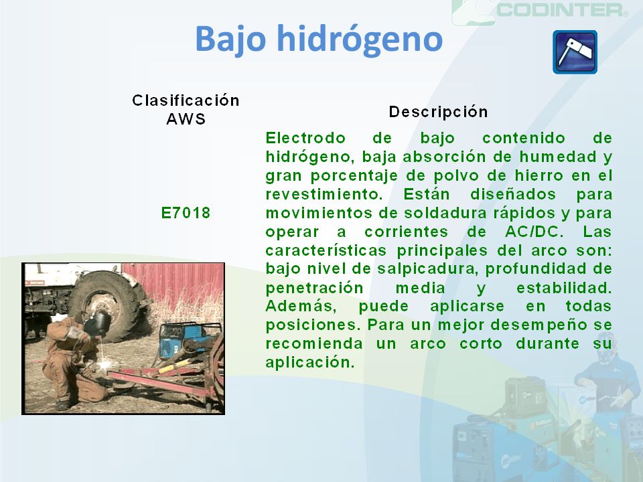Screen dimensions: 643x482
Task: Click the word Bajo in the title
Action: [x=230, y=39]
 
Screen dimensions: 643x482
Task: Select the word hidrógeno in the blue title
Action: [x=360, y=39]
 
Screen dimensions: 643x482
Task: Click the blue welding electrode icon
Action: [x=575, y=52]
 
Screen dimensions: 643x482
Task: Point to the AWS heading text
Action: [x=186, y=119]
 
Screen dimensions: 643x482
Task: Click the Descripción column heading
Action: [x=438, y=112]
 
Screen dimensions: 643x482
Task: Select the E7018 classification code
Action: [x=186, y=213]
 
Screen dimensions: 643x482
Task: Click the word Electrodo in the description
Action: [x=305, y=138]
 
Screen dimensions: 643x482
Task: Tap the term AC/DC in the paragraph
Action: [x=532, y=232]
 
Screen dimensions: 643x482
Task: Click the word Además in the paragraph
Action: [x=301, y=306]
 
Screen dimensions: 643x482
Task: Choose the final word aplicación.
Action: [x=309, y=362]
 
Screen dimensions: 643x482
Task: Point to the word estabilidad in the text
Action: [x=564, y=288]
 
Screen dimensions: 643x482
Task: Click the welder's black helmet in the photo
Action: [x=97, y=323]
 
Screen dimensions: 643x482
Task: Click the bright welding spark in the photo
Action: [x=105, y=363]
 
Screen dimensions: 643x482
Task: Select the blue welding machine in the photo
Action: [x=187, y=340]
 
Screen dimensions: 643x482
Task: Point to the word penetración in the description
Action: [x=315, y=288]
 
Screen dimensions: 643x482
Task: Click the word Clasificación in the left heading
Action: [x=186, y=100]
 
